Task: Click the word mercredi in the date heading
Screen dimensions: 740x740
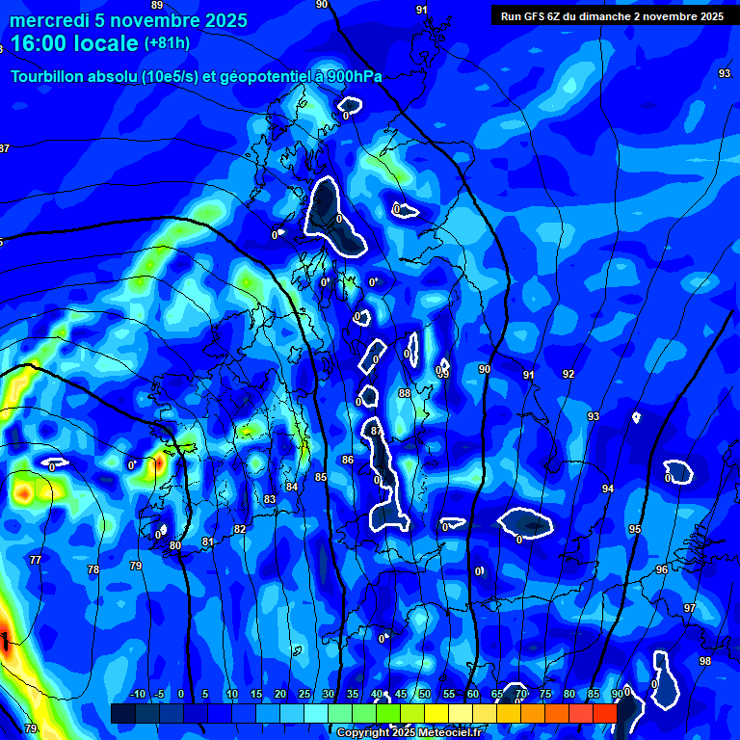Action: tap(47, 21)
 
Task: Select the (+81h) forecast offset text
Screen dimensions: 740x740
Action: tap(167, 43)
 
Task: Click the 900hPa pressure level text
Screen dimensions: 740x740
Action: tap(355, 77)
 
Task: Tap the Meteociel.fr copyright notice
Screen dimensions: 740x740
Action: tap(410, 732)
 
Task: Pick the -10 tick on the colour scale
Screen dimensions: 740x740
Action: tap(137, 694)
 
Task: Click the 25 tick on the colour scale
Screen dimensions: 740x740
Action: tap(304, 694)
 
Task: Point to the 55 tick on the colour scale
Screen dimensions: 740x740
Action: tap(449, 694)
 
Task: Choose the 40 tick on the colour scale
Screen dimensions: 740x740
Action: tap(377, 694)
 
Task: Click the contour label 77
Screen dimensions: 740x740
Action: tap(36, 560)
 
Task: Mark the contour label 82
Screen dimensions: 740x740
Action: tap(240, 529)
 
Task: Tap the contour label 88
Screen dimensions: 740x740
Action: tap(405, 393)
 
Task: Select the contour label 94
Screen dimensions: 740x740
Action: tap(608, 489)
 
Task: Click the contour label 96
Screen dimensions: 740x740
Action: tap(662, 569)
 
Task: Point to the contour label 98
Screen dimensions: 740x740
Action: tap(705, 661)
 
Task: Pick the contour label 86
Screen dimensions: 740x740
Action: tap(348, 460)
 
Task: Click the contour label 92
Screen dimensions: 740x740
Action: tap(568, 374)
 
